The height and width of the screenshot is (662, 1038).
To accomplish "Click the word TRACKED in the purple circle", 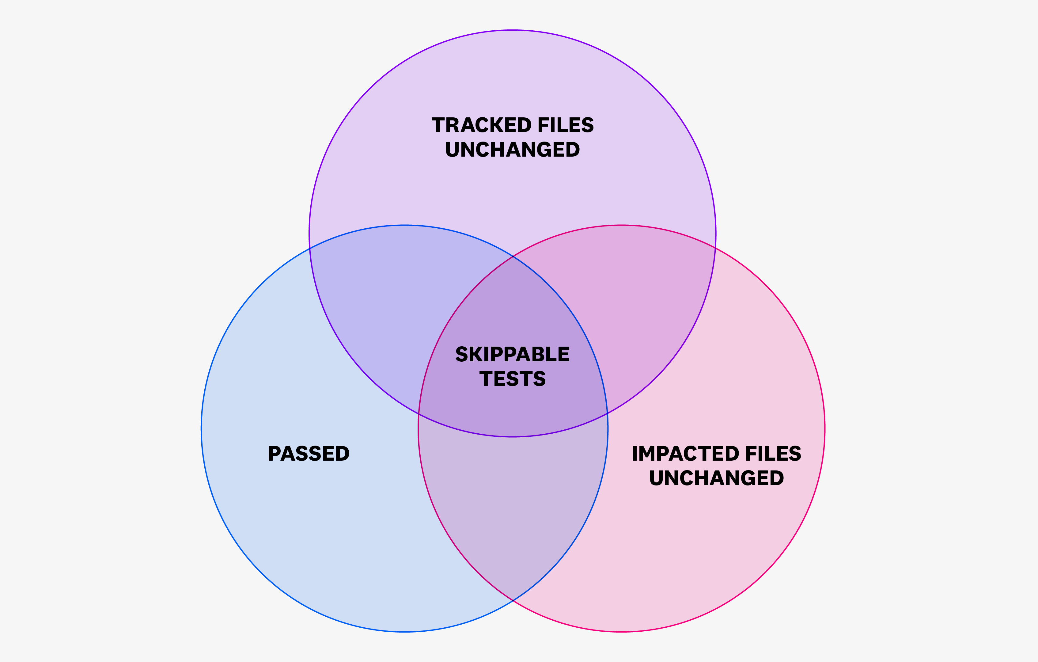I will coord(482,125).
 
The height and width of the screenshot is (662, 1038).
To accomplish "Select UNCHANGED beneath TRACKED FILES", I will coord(513,150).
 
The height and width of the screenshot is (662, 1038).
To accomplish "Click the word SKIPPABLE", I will coord(513,355).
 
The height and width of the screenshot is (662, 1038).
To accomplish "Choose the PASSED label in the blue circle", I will coord(309,454).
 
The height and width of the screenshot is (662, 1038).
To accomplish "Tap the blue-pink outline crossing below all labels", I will coord(513,600).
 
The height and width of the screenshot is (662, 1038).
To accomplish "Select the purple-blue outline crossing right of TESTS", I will coord(607,413).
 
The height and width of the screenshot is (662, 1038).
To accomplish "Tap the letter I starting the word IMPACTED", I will coord(635,454).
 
